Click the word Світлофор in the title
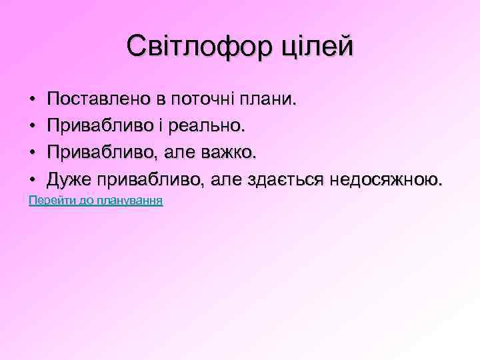click(192, 47)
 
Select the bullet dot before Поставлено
click(33, 100)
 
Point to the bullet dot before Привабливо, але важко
click(33, 153)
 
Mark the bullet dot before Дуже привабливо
click(33, 180)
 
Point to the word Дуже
click(69, 180)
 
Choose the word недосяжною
click(388, 180)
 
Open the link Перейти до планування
click(96, 200)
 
